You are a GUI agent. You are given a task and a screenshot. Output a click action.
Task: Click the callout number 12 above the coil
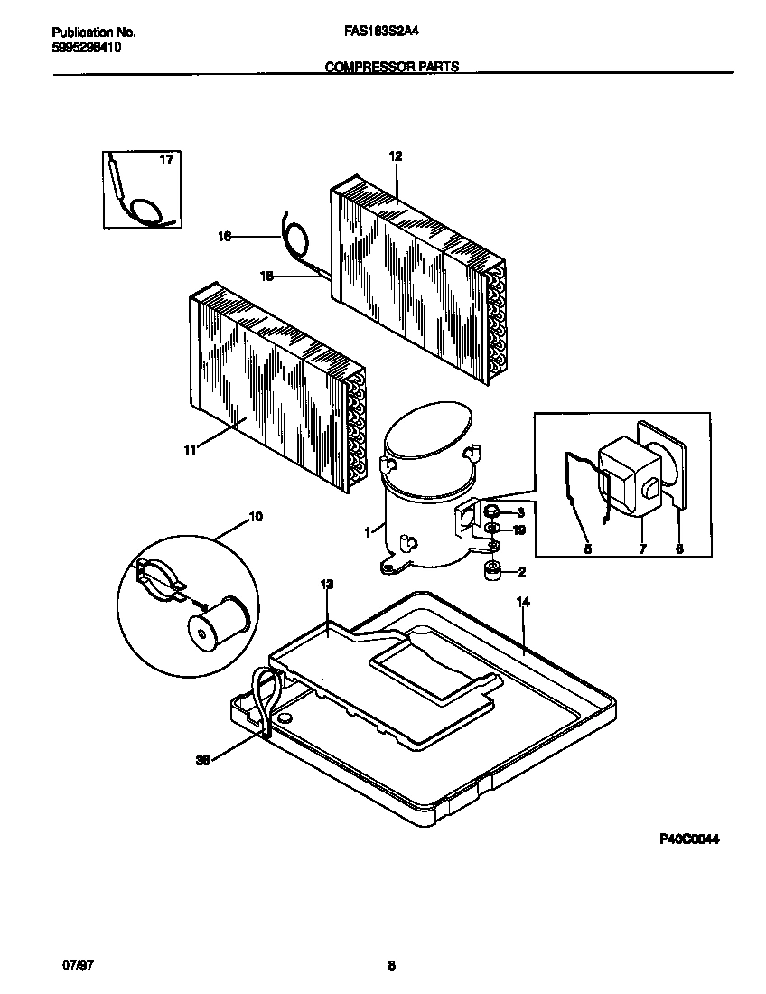coord(395,156)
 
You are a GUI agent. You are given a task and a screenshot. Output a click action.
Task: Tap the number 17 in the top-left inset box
coord(166,161)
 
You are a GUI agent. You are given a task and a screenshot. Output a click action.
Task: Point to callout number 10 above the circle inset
coord(256,517)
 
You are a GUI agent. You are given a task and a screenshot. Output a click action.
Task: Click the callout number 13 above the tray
coord(327,586)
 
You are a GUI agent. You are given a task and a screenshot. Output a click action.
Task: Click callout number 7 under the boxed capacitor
coord(642,548)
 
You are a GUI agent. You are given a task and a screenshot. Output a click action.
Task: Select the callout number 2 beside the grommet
coord(520,571)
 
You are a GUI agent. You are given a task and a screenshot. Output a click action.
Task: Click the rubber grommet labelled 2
coord(493,571)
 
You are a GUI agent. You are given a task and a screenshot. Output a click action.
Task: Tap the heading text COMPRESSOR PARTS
coord(391,66)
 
